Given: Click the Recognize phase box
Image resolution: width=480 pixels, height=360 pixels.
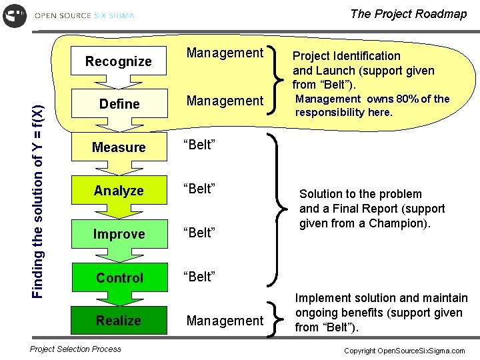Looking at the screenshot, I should tap(119, 61).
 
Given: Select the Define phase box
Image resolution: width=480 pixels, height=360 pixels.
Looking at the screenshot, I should tap(119, 104).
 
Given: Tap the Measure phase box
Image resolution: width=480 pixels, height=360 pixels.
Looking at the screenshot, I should tap(119, 147).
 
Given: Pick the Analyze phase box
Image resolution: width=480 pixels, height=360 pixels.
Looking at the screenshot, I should tap(119, 191).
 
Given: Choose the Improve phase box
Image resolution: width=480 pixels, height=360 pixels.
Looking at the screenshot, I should tap(119, 234).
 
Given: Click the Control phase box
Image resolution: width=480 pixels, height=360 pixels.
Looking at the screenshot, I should tap(119, 278).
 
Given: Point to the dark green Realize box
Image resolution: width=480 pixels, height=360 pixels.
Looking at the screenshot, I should tap(119, 321).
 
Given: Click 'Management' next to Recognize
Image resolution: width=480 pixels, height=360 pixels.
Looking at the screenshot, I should tap(225, 53).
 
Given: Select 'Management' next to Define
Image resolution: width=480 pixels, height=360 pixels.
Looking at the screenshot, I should tap(225, 101).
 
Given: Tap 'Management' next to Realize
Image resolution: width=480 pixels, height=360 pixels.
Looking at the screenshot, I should tap(225, 321).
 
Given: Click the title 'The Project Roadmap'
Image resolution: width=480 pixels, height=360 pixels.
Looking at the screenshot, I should tap(408, 14).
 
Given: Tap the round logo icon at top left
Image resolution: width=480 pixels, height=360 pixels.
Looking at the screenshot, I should tap(15, 15).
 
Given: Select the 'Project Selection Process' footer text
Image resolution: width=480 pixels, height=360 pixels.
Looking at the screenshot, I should tap(76, 349).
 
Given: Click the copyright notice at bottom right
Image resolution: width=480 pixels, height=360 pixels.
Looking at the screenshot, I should tap(404, 351).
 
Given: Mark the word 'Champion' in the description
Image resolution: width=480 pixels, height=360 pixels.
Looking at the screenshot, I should tap(403, 223).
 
